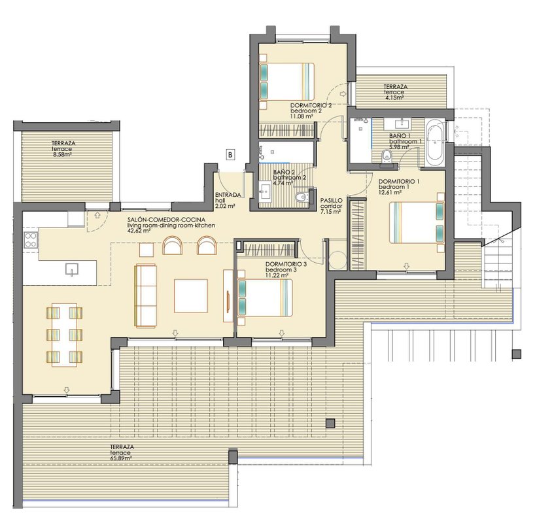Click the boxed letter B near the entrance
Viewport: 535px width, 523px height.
coord(231,154)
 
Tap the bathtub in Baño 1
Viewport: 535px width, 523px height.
coord(435,142)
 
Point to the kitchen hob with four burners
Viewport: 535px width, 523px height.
coord(31,239)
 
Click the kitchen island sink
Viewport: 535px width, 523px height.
coord(72,269)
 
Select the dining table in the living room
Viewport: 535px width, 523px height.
coord(65,335)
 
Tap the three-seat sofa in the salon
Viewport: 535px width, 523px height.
coord(146,295)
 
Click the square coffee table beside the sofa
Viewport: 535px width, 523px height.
coord(191,295)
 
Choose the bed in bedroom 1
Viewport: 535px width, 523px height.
coord(417,222)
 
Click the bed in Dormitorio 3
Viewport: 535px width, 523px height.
coord(265,297)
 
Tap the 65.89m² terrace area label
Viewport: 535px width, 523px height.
coord(121,458)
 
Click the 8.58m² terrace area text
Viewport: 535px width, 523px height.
coord(61,154)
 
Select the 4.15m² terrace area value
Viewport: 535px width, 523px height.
coord(394,97)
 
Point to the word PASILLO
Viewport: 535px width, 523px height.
coord(331,201)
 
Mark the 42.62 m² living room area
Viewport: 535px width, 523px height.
coord(139,231)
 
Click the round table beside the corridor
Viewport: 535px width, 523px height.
coord(337,260)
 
